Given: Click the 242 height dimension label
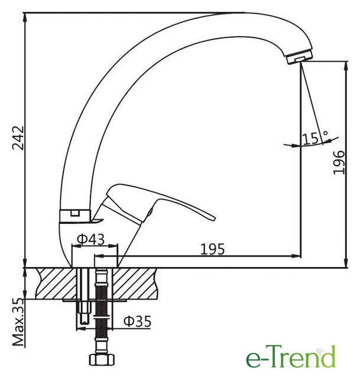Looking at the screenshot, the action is pos(18,138).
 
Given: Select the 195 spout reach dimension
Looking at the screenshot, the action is pos(212,249).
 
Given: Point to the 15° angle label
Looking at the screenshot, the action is pos(315,138).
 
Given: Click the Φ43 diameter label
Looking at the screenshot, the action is pos(90,239).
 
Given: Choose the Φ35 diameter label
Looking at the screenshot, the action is pos(137,321).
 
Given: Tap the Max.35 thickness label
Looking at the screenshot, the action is pos(18,322).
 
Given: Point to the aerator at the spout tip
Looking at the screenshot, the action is pos(300,57).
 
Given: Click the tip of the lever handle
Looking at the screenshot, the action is pos(213,218).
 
